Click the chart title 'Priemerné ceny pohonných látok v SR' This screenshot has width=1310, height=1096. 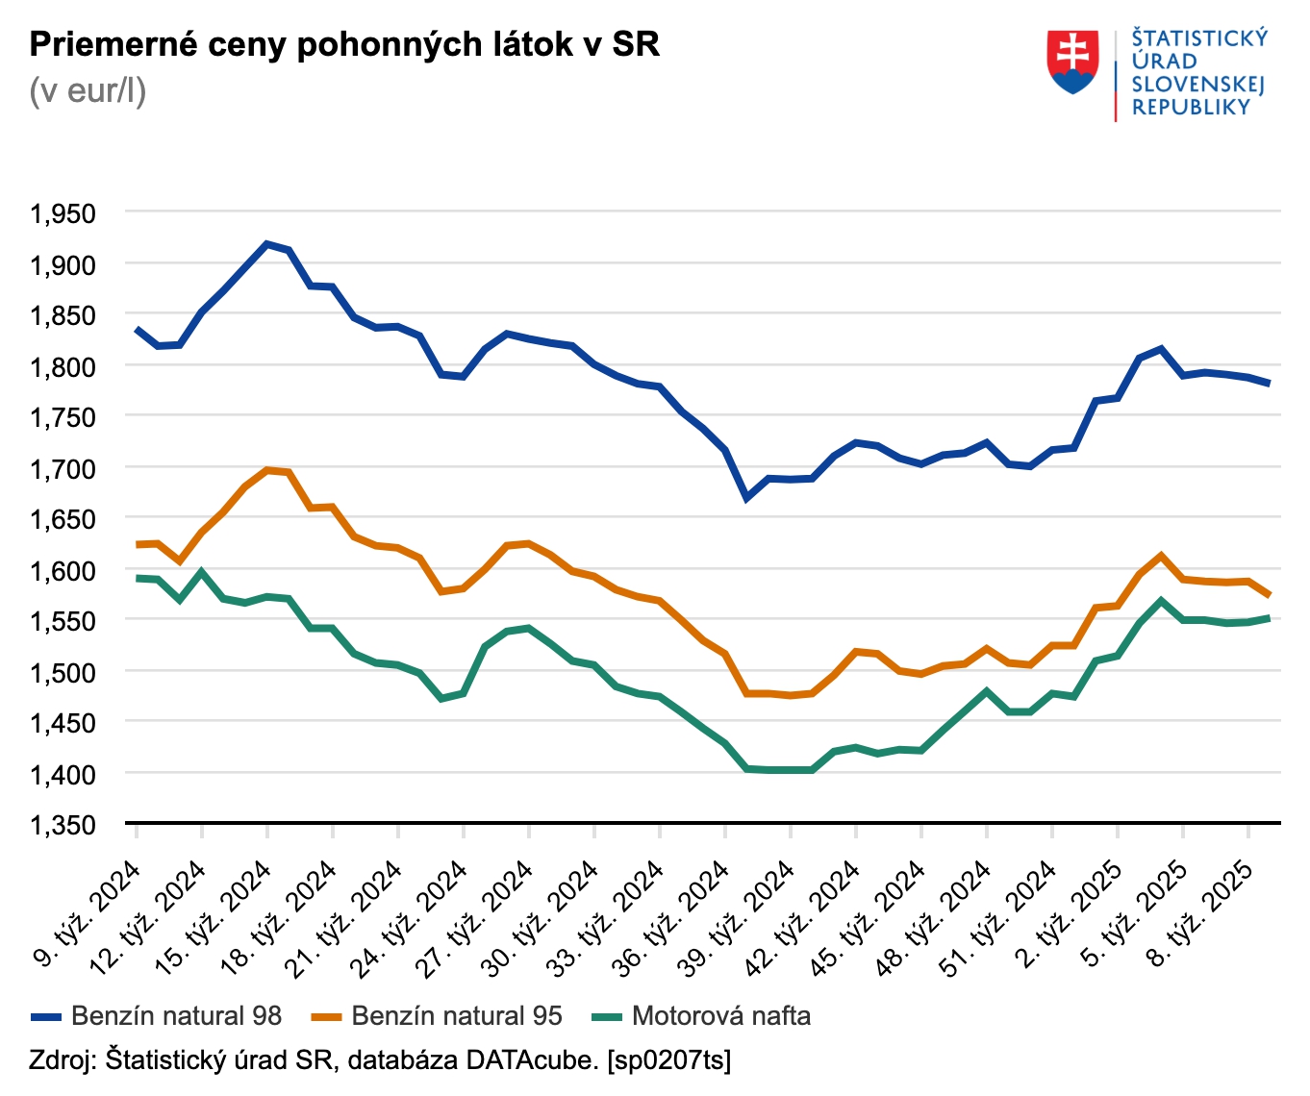(344, 44)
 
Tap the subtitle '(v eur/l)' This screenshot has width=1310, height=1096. (88, 91)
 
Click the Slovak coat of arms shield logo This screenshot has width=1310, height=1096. (1073, 62)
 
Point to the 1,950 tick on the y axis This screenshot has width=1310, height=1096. (63, 213)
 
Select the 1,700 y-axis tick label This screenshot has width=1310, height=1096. (63, 468)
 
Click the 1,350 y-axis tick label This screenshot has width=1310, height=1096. (63, 825)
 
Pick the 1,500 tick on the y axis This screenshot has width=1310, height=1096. (63, 672)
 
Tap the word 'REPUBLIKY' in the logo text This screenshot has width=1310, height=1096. (1191, 108)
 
